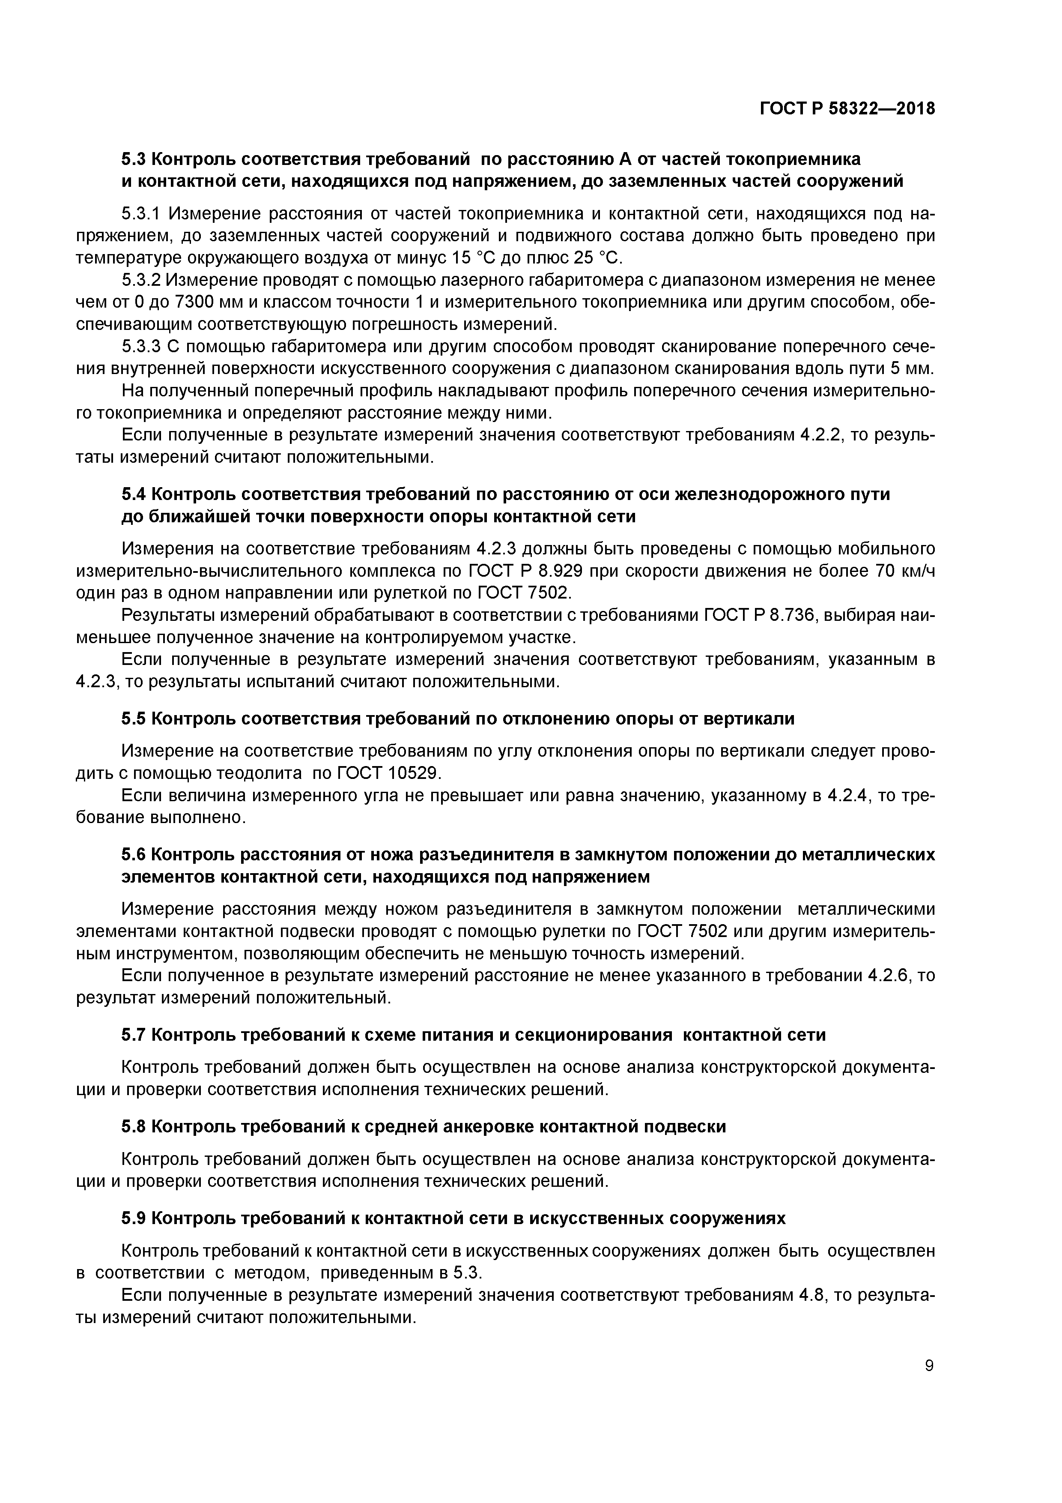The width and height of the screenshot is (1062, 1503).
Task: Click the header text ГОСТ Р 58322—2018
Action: [847, 109]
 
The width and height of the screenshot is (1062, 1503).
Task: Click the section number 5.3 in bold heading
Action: [134, 159]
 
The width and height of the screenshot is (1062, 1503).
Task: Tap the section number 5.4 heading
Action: [134, 494]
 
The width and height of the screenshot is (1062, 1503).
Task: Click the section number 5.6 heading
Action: [134, 855]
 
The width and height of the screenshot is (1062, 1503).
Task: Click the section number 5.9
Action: [134, 1218]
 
